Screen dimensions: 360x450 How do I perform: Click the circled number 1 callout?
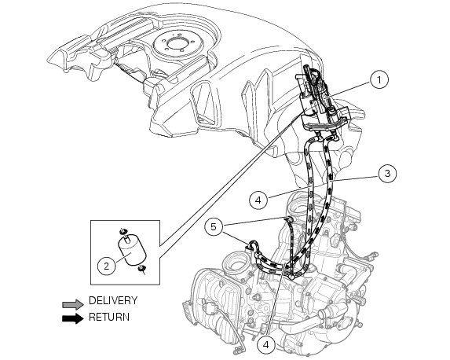click(379, 79)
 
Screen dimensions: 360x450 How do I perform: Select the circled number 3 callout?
click(386, 174)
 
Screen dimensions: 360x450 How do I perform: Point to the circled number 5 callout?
click(213, 227)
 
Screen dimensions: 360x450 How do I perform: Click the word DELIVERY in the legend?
click(113, 300)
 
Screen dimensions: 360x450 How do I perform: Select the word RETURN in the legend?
click(109, 318)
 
